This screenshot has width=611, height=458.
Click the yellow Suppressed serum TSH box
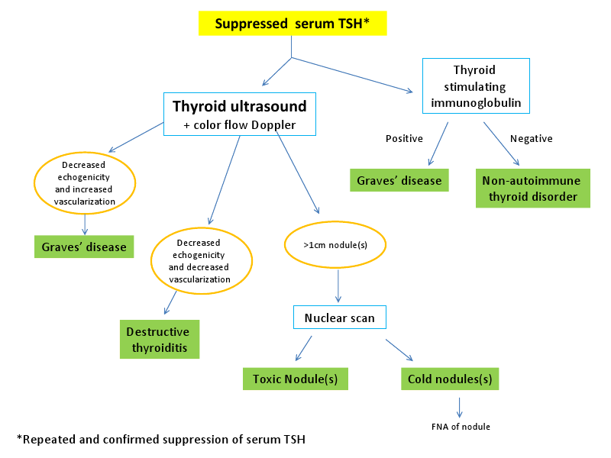pos(293,24)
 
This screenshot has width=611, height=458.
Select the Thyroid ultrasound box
pos(240,114)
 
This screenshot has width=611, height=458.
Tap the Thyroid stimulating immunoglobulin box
pos(476,86)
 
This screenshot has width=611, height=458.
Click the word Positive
pos(404,139)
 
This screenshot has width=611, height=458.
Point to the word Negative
pos(532,139)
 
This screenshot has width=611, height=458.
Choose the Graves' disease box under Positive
pos(399,180)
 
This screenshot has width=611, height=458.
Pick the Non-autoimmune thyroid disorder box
pos(533,188)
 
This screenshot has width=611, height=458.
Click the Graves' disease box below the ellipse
pos(84,247)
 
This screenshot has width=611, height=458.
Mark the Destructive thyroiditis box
pos(160,339)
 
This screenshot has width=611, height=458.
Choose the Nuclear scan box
pos(340,318)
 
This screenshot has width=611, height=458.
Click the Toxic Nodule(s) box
pos(296,379)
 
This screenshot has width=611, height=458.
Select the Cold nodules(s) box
pos(450,379)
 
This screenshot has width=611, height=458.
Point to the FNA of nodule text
pos(461,427)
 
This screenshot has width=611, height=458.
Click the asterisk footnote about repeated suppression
pos(161,440)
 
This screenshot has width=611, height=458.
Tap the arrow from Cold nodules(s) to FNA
pos(460,408)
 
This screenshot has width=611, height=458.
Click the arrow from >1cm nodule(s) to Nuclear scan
pos(338,285)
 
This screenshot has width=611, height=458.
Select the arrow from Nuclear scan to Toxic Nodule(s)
pos(303,349)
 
